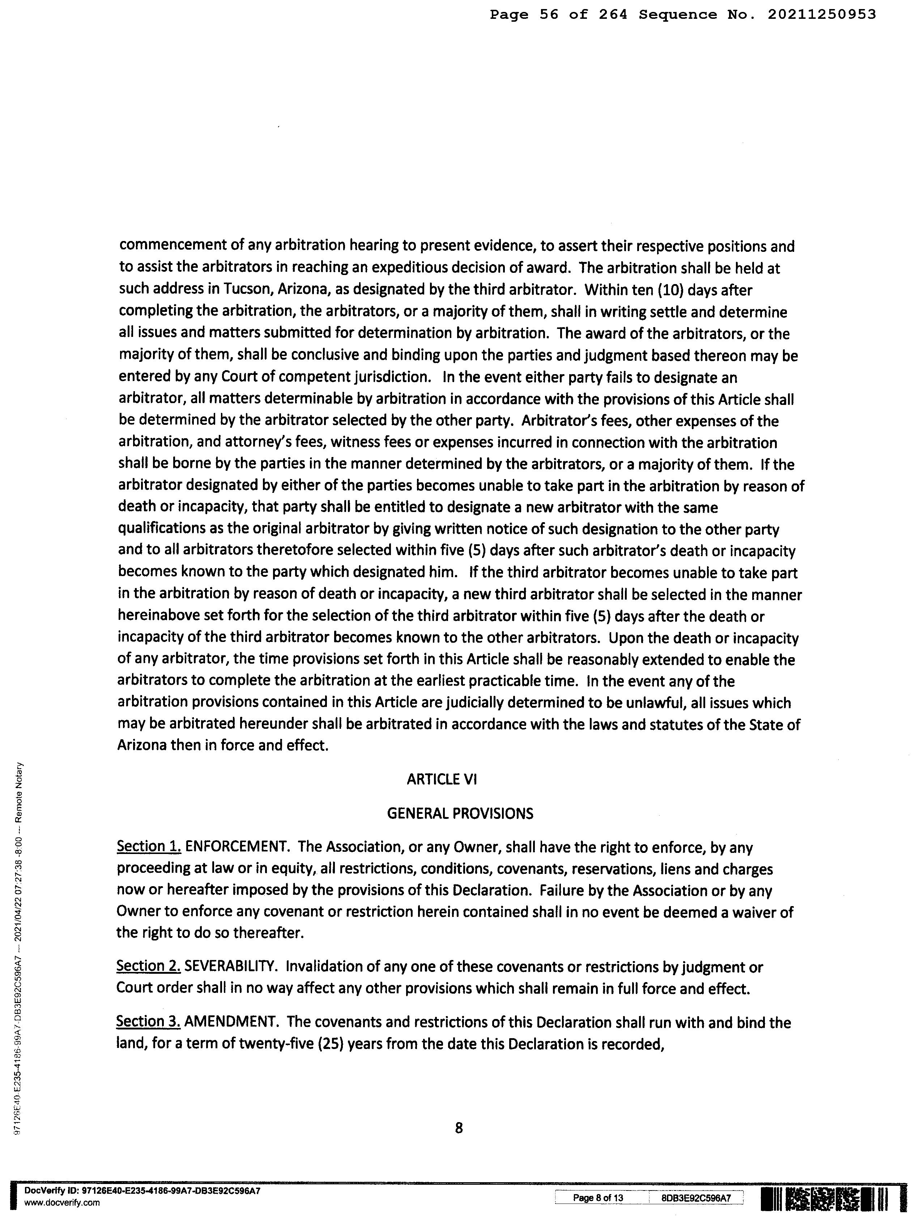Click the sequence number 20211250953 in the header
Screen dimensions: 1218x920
point(822,15)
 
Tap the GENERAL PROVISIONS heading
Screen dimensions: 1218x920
point(460,813)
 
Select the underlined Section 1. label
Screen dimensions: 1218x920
point(149,847)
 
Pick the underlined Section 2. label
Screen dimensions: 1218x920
point(149,967)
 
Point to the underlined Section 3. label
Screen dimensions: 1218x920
point(149,1023)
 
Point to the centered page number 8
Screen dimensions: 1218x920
point(459,1128)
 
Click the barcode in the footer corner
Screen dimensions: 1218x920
point(825,1199)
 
